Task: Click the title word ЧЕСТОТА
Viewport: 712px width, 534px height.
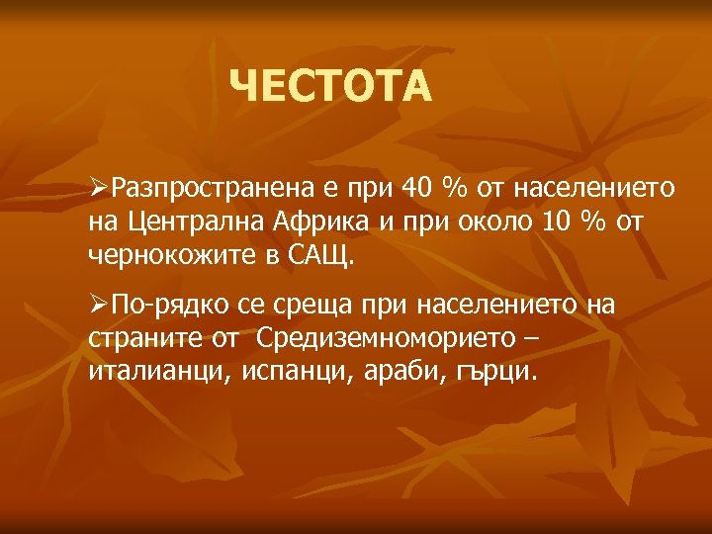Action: point(330,87)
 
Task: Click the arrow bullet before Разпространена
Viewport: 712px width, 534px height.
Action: point(98,187)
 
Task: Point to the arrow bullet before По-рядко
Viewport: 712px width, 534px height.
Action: point(98,305)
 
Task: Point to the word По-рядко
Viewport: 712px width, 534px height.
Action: point(160,305)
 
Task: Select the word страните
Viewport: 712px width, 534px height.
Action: point(133,339)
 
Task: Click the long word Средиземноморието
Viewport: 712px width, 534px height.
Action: point(386,339)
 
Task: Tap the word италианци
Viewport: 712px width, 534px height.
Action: point(148,374)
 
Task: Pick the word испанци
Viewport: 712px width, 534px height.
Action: point(270,374)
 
